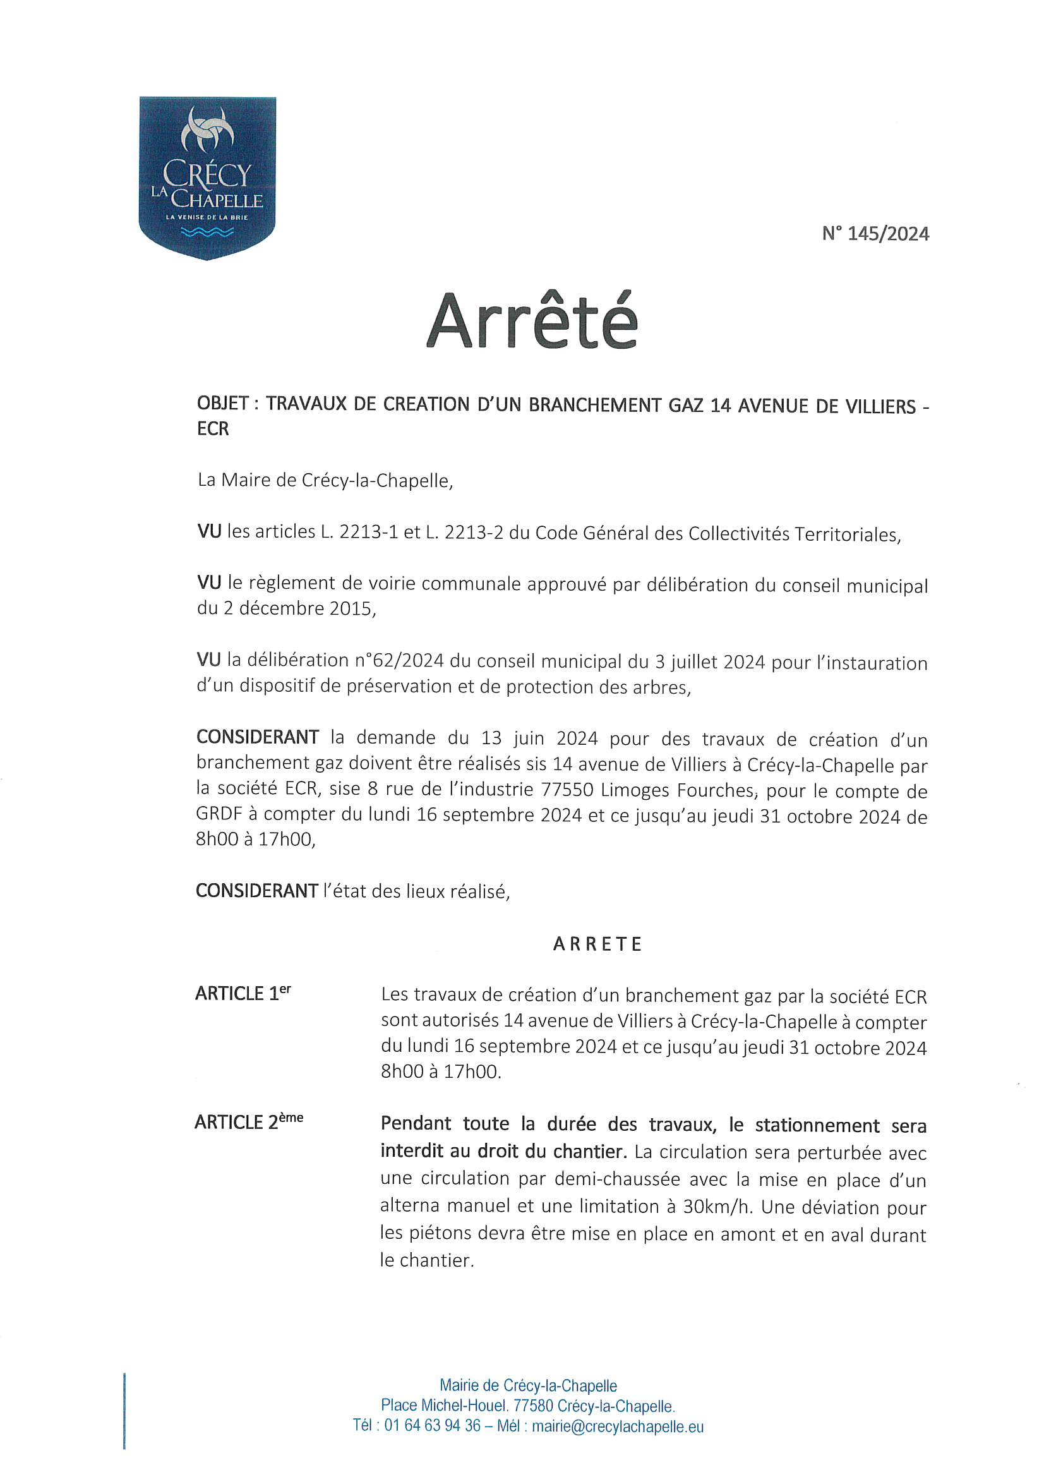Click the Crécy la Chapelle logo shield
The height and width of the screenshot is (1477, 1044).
click(x=207, y=177)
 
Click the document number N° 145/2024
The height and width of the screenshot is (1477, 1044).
click(x=875, y=234)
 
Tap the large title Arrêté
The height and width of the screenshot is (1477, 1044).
click(x=532, y=321)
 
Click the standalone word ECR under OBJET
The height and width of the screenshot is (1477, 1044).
click(x=213, y=429)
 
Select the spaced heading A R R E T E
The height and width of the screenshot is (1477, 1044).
click(x=597, y=944)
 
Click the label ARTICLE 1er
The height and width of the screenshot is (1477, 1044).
click(x=243, y=993)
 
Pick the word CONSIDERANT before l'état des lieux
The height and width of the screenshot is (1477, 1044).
click(x=256, y=891)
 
